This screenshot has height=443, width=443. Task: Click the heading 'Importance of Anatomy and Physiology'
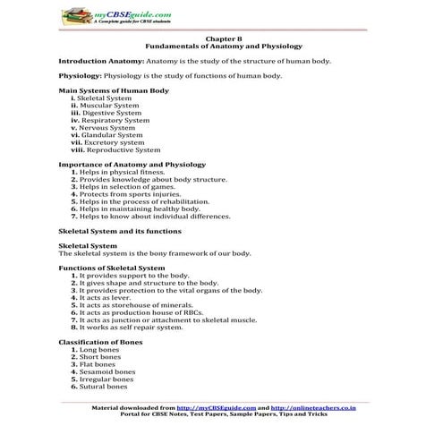(132, 165)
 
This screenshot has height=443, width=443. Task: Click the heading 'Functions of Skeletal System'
(111, 268)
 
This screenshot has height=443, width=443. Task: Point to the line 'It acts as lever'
(112, 297)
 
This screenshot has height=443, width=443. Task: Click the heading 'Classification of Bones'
(101, 342)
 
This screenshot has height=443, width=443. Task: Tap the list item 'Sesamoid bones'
(106, 371)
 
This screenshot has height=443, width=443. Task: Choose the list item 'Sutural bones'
(103, 387)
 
